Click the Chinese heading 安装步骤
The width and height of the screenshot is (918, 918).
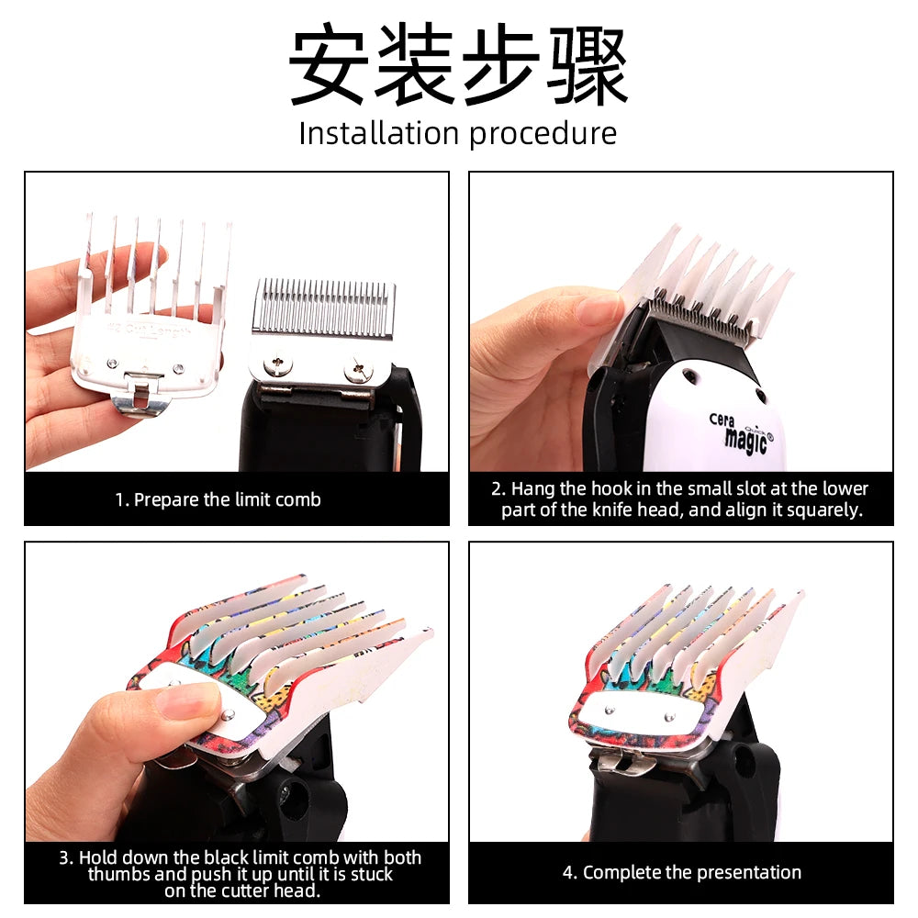[458, 66]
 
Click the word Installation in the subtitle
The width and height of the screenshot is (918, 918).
[378, 134]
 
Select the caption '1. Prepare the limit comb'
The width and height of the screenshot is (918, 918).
[218, 499]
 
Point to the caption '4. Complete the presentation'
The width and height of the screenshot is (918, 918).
[681, 872]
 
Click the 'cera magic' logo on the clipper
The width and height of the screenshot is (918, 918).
[740, 429]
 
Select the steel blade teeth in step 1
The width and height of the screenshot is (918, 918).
[323, 308]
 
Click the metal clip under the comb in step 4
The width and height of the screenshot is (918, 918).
[624, 758]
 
